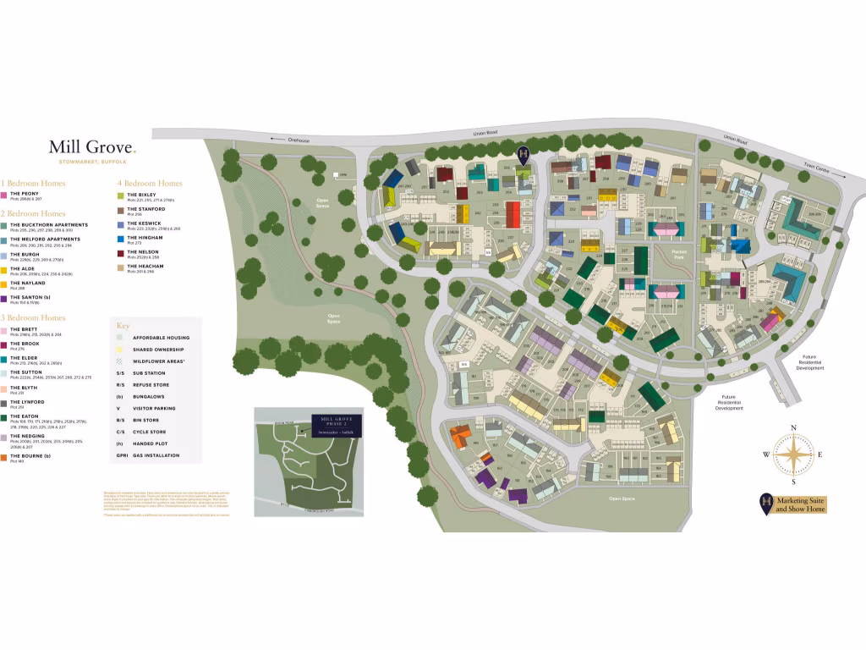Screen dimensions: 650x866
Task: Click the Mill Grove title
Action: coord(91,147)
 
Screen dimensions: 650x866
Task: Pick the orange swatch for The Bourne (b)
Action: coord(4,457)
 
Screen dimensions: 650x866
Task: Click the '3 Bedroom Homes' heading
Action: coord(33,318)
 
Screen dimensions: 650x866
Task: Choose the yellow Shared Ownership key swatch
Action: coord(120,349)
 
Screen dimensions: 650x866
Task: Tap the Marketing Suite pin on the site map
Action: coord(523,154)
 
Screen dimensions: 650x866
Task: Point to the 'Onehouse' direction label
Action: coord(296,140)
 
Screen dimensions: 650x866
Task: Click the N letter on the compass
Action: coord(793,427)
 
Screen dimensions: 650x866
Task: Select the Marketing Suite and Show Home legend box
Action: coord(793,504)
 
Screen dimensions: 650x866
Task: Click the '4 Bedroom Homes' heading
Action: coord(150,183)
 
